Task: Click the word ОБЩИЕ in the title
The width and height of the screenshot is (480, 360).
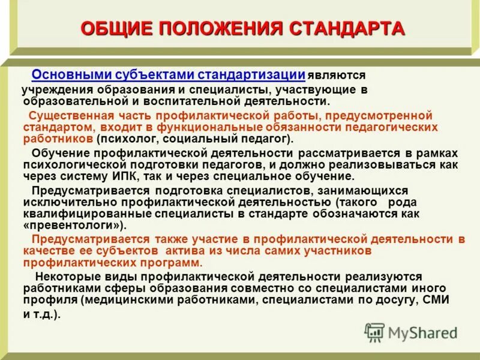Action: (x=115, y=28)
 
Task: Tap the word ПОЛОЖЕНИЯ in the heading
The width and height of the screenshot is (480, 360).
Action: (x=221, y=28)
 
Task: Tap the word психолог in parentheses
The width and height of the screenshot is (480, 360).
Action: (x=122, y=139)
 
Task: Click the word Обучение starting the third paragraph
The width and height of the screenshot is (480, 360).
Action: (x=57, y=152)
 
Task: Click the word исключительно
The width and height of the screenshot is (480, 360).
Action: (x=58, y=202)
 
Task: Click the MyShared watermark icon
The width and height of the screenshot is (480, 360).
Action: (x=374, y=332)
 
